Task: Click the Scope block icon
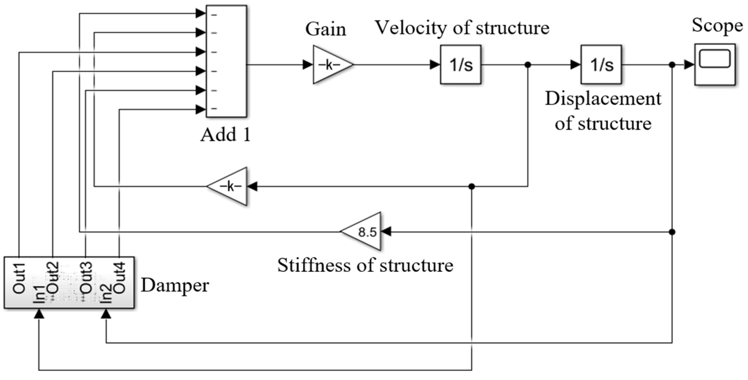(x=715, y=64)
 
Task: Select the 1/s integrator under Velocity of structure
(x=461, y=64)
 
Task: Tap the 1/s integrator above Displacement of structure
(x=601, y=64)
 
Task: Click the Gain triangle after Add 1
(x=331, y=64)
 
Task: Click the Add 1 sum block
(x=226, y=61)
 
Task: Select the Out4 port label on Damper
(x=119, y=278)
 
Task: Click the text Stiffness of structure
(x=365, y=265)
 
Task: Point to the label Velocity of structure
(x=462, y=28)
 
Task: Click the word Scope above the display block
(x=717, y=25)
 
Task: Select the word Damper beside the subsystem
(x=175, y=285)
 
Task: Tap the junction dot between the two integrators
(x=528, y=64)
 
